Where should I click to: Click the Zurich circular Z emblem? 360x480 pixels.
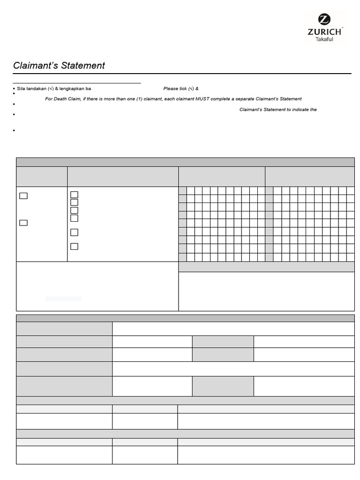[324, 19]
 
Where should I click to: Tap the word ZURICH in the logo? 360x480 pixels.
[324, 31]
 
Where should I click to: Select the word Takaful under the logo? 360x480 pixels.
[324, 39]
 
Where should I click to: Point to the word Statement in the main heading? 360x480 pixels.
[82, 66]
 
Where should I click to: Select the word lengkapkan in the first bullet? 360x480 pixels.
[71, 89]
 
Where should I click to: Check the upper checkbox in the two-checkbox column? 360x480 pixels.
[23, 196]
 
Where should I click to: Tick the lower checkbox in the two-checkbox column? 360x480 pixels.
[23, 223]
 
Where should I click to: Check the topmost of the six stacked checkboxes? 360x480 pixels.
[74, 195]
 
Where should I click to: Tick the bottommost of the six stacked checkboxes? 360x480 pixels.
[74, 247]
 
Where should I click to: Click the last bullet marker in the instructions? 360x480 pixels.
[15, 130]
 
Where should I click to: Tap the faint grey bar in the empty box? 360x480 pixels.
[63, 299]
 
